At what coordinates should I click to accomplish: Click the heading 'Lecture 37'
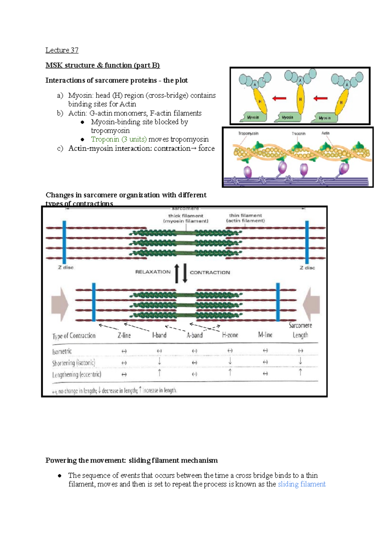62,50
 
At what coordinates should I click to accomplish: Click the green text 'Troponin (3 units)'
119,139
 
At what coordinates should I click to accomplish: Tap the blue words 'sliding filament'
302,484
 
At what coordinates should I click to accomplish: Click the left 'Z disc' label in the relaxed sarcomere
66,268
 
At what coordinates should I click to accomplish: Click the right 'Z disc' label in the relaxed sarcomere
307,268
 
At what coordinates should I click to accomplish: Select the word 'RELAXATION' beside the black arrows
153,272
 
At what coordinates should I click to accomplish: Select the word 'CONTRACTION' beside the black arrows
210,273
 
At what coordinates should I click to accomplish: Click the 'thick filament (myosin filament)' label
186,218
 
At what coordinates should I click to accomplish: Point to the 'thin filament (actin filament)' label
245,218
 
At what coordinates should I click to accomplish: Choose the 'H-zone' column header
230,335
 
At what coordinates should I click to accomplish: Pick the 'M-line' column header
265,335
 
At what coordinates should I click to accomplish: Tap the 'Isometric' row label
62,351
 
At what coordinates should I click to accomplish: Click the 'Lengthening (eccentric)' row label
77,375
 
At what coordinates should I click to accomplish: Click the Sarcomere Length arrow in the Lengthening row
300,372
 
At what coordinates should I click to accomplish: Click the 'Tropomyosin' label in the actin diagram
248,134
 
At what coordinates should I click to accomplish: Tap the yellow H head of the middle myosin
300,99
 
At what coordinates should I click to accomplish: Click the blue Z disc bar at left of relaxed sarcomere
64,242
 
